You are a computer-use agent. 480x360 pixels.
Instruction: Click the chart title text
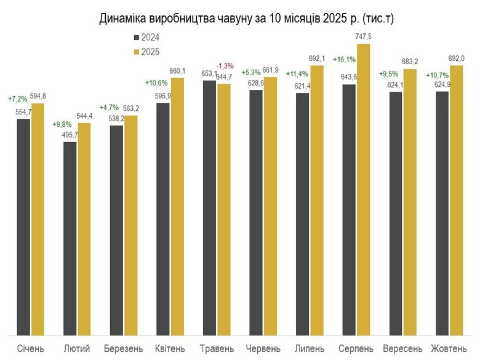point(246,19)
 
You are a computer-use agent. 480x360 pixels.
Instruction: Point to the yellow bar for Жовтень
point(456,200)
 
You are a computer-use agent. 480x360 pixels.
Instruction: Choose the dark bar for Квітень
point(163,218)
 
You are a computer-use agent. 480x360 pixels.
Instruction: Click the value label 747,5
point(364,38)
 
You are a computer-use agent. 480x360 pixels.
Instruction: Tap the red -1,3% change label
point(225,66)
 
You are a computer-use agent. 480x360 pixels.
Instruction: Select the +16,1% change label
point(343,60)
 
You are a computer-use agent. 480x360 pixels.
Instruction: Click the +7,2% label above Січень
point(17,98)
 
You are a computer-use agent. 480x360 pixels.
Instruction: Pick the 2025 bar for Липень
point(317,200)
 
